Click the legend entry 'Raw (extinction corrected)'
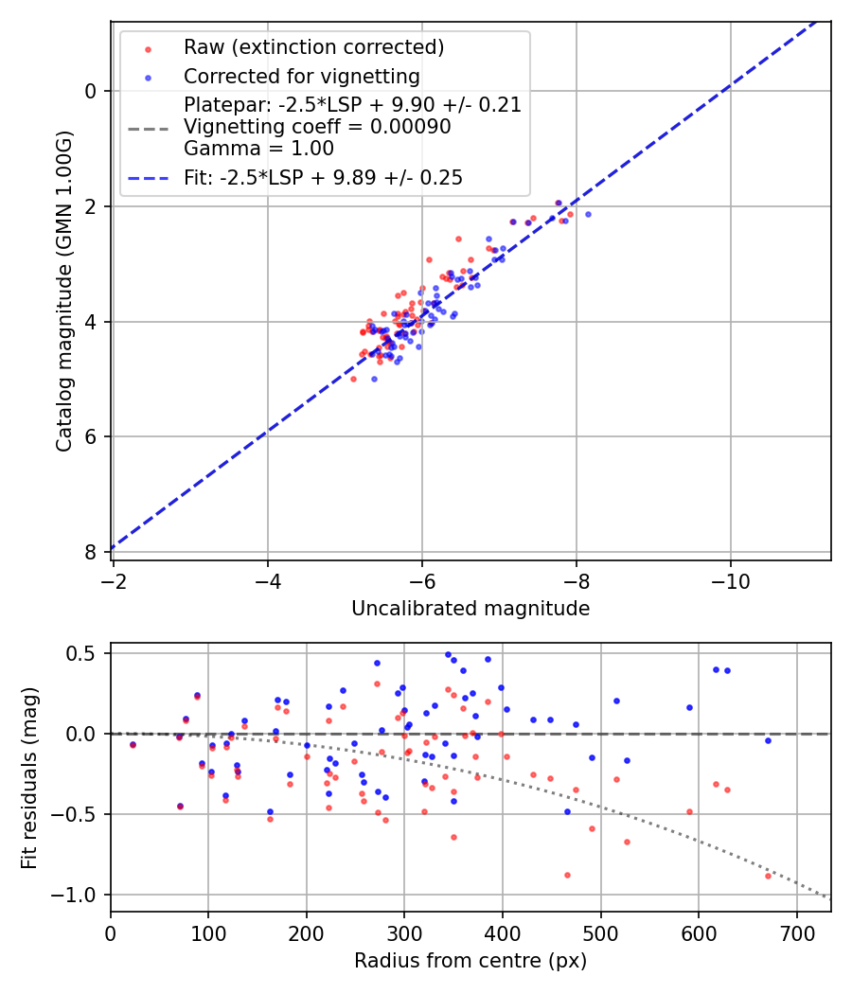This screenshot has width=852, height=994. click(x=313, y=47)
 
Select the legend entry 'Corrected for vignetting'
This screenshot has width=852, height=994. click(x=302, y=76)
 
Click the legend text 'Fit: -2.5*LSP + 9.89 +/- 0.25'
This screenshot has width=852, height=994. click(x=323, y=178)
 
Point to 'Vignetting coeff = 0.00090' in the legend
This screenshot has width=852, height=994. click(x=317, y=127)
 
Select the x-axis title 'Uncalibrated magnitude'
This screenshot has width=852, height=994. click(x=470, y=609)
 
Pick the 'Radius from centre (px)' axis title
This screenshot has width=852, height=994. click(x=470, y=961)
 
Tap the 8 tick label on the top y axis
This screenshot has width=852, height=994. click(x=91, y=552)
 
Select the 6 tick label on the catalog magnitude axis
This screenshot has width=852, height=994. click(x=91, y=436)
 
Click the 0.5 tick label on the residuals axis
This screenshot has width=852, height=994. click(x=86, y=653)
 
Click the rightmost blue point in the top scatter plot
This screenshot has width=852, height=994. click(x=588, y=214)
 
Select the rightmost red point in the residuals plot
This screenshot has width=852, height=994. click(x=768, y=876)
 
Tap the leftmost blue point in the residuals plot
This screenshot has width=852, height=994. click(x=133, y=744)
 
